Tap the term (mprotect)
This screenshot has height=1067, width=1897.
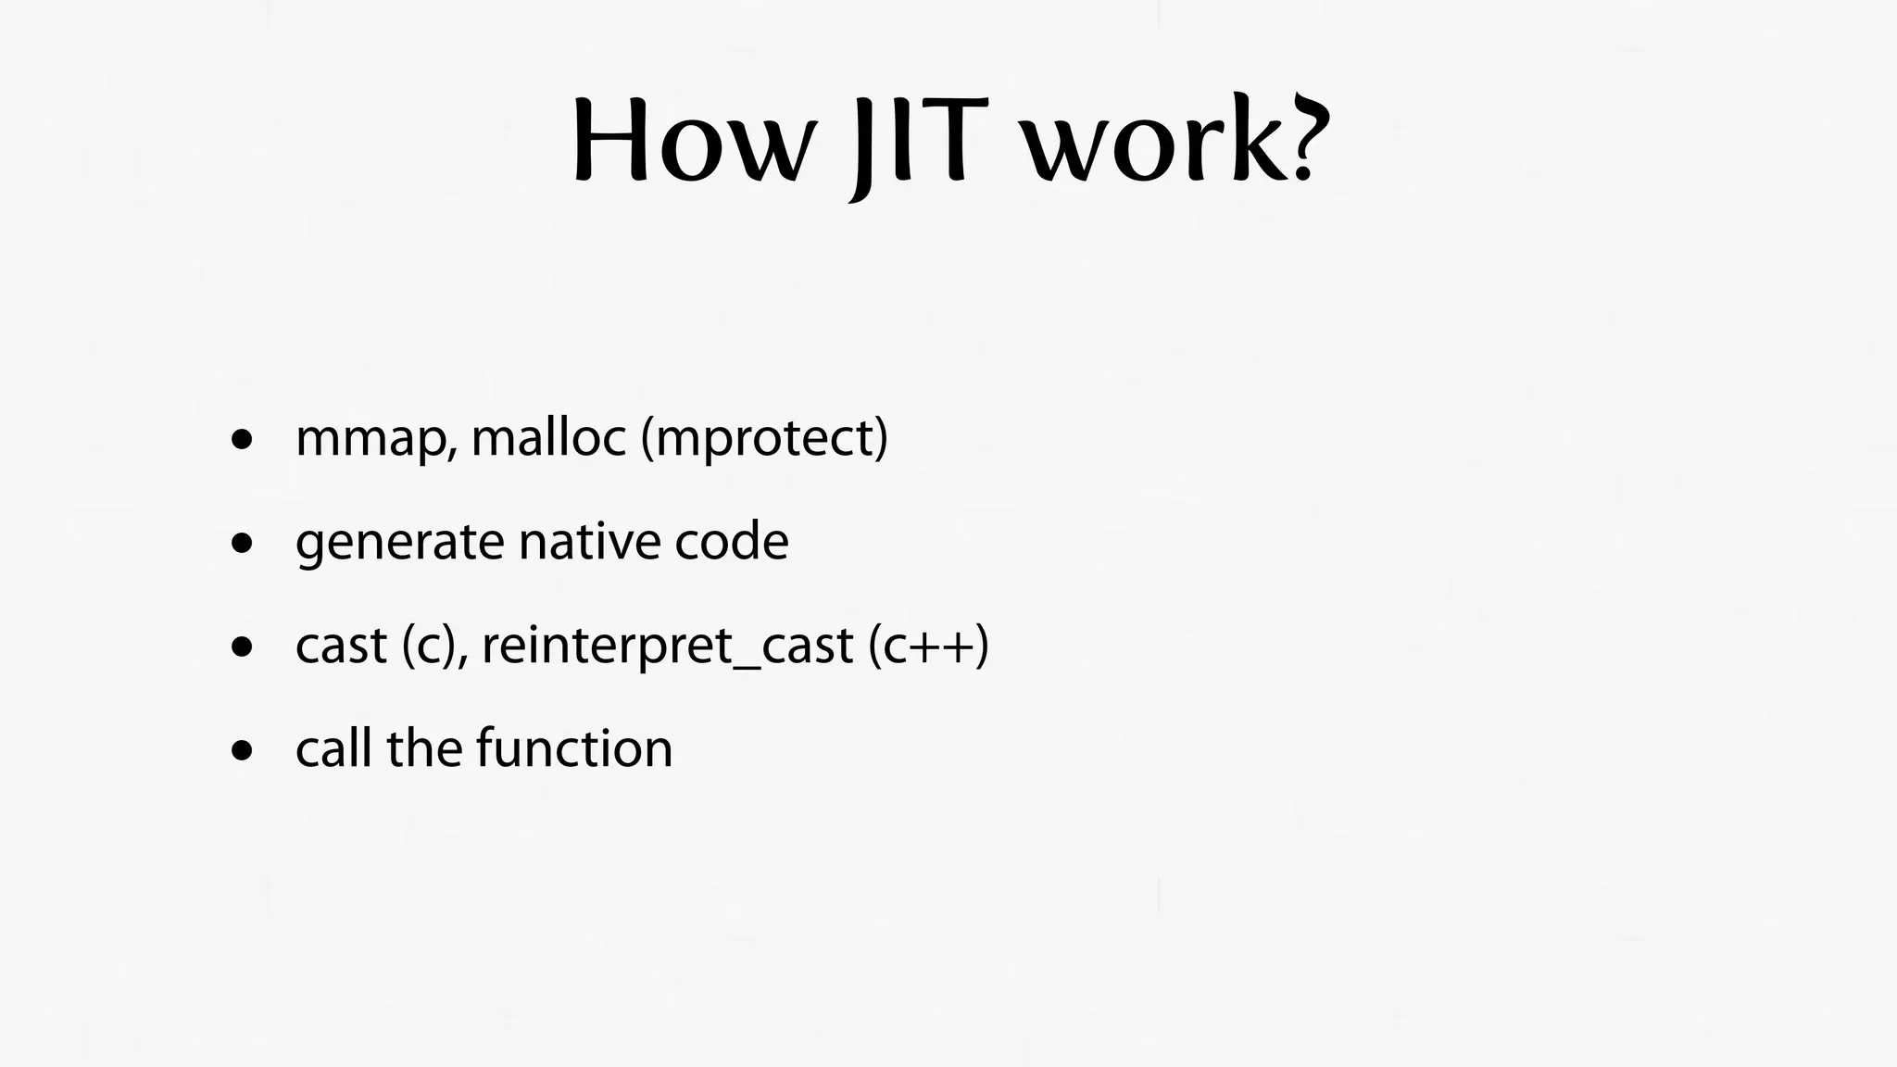pyautogui.click(x=764, y=439)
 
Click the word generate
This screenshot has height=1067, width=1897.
pyautogui.click(x=399, y=543)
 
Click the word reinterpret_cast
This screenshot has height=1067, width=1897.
pyautogui.click(x=667, y=646)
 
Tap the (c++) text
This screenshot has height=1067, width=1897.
pyautogui.click(x=929, y=646)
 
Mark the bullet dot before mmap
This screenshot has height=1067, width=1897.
pyautogui.click(x=243, y=440)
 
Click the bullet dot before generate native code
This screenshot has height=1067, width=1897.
pyautogui.click(x=243, y=544)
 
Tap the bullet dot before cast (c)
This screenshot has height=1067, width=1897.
pyautogui.click(x=243, y=647)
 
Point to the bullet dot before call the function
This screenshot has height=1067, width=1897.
pyautogui.click(x=243, y=751)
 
